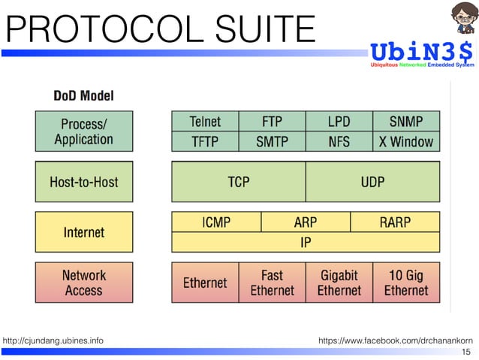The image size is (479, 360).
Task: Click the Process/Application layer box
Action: click(x=84, y=131)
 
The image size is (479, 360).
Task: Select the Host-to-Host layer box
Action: click(x=84, y=182)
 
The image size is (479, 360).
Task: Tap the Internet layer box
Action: click(x=84, y=232)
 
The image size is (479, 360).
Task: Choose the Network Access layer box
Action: click(x=84, y=283)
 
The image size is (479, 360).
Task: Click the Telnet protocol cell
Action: click(x=205, y=121)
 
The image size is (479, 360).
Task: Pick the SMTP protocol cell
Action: click(x=272, y=141)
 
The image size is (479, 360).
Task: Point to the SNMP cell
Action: click(x=406, y=121)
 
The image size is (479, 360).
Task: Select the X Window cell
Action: click(x=406, y=141)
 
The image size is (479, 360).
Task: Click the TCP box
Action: click(x=239, y=182)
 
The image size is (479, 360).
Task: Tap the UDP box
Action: click(x=373, y=182)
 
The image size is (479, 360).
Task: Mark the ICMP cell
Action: click(x=216, y=222)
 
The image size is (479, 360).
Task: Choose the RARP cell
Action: click(x=396, y=222)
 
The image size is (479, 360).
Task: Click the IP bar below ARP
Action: click(x=306, y=243)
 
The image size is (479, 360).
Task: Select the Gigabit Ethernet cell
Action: click(x=339, y=283)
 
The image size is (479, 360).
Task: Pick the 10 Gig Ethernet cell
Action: click(x=406, y=283)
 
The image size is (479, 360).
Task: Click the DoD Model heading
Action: click(x=83, y=96)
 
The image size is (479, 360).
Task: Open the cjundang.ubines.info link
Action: click(x=53, y=341)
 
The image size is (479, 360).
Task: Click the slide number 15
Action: click(x=466, y=352)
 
